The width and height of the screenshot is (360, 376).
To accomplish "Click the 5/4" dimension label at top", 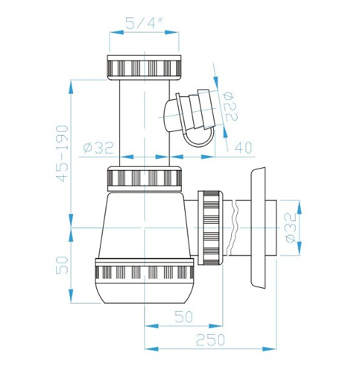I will (x=144, y=24).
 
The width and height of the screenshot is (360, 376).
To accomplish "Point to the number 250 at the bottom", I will (x=211, y=340).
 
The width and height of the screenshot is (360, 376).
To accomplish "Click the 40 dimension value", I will (x=243, y=147).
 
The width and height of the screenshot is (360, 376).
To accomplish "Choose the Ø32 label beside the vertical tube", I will (x=97, y=148).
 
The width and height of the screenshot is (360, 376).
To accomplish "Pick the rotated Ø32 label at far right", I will (x=289, y=229).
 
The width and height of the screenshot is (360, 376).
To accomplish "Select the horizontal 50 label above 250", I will (x=183, y=317).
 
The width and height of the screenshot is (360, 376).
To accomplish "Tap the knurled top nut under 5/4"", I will (x=145, y=66).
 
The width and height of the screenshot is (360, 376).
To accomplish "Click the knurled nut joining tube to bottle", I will (x=145, y=179).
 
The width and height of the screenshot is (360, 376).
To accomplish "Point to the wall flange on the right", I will (x=257, y=229).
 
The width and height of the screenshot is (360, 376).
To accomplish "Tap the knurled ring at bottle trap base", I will (x=145, y=271).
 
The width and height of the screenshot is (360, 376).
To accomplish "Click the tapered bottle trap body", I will (x=145, y=225).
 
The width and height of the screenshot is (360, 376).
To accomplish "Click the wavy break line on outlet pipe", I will (x=237, y=228).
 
